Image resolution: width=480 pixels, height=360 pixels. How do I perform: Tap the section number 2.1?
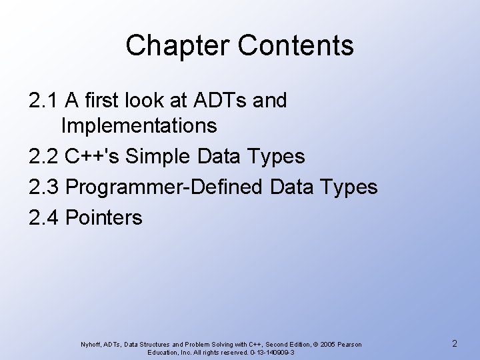tap(43, 101)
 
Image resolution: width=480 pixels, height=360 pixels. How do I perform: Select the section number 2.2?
tap(43, 157)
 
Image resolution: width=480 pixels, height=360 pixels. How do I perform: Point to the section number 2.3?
tap(43, 187)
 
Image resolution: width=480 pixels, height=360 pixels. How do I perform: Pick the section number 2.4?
tap(43, 217)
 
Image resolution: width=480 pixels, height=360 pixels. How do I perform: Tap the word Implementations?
tap(138, 125)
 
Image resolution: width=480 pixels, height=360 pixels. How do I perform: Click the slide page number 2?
tap(453, 344)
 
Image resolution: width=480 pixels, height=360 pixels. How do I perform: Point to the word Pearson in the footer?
tap(350, 344)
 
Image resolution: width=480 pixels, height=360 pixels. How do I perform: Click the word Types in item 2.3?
tap(349, 187)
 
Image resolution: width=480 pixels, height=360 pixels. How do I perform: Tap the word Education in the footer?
tap(167, 352)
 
